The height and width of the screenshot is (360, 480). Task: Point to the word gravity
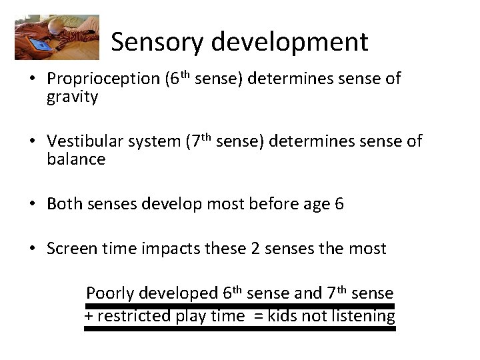[72, 97]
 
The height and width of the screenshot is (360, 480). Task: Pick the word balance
[76, 159]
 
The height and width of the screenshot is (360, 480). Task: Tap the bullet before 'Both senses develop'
[32, 204]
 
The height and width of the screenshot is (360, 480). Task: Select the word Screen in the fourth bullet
[70, 249]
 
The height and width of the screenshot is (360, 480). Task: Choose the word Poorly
[110, 293]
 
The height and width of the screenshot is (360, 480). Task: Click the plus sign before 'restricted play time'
[88, 316]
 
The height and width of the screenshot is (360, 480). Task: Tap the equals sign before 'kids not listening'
[256, 316]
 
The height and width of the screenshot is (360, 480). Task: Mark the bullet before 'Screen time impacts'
[32, 249]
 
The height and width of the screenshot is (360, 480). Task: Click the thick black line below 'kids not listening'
[240, 328]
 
